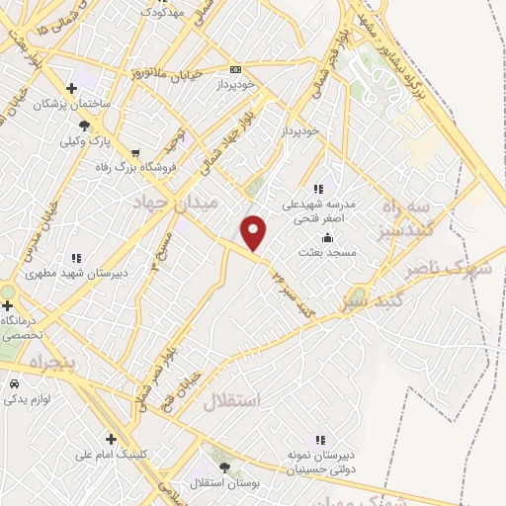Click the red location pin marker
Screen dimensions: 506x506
point(255,232)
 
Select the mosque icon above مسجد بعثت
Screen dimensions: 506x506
point(328,237)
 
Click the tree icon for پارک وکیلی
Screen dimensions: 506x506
point(84,126)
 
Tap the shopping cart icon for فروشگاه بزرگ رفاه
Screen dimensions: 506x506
point(134,153)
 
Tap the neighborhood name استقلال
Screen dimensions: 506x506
point(229,401)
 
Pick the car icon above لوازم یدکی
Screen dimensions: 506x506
point(14,383)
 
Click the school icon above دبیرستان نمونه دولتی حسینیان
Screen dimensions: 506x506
point(318,439)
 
